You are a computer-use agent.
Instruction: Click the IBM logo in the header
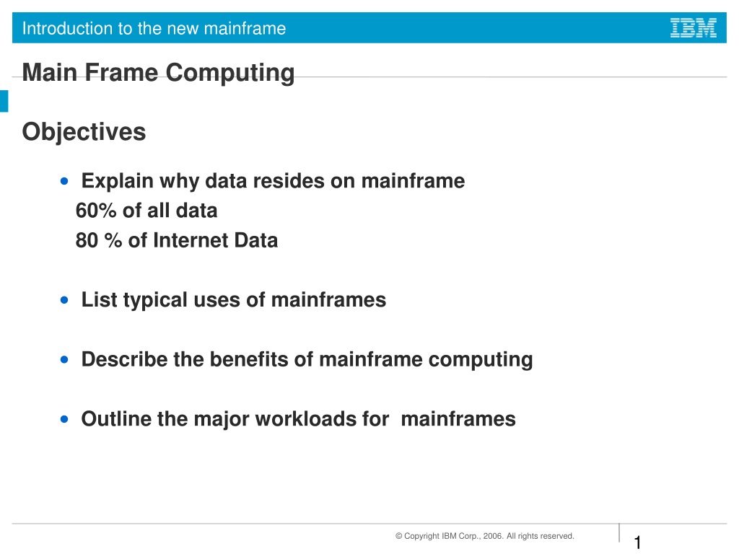694,28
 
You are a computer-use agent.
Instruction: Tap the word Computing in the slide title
230,74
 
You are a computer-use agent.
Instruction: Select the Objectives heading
84,132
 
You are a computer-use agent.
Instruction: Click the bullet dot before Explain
64,181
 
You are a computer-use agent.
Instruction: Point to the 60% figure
96,211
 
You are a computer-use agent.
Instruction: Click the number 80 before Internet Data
87,240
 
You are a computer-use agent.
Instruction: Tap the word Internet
191,240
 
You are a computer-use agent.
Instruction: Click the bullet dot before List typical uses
64,300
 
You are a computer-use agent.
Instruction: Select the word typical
155,301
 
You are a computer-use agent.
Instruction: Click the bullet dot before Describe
64,360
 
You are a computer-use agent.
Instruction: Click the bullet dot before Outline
64,419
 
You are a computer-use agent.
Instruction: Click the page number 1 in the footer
638,542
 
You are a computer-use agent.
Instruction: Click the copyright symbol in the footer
398,536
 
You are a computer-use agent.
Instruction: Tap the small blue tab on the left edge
4,101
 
